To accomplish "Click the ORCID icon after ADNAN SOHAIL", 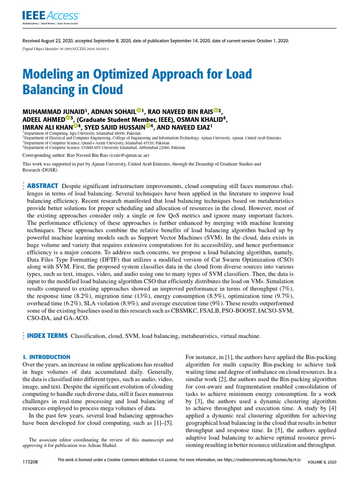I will [139, 111].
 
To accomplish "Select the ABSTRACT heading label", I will [43, 186].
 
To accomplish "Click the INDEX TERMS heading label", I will [46, 336].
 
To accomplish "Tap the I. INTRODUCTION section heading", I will [46, 357].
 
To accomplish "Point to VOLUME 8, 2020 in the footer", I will [322, 462].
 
